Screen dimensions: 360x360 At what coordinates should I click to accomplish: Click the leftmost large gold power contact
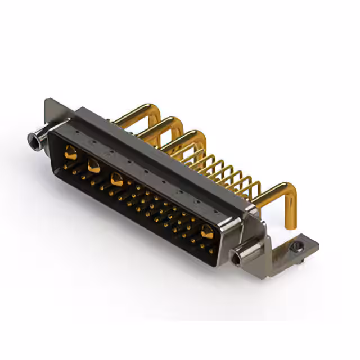[x=70, y=151]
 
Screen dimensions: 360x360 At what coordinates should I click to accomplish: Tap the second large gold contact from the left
[x=93, y=165]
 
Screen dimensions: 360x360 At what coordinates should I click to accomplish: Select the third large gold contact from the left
[x=117, y=179]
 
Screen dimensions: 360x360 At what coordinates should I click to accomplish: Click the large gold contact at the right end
[x=208, y=230]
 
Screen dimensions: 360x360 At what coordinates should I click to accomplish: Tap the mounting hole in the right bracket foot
[x=296, y=246]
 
